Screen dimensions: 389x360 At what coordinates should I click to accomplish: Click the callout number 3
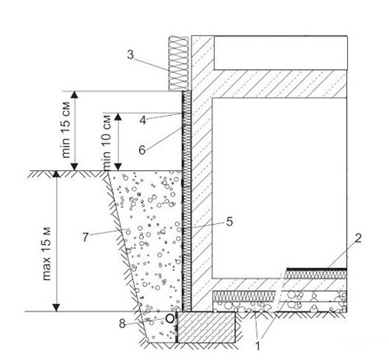131,54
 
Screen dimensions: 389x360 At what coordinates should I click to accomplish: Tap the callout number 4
142,120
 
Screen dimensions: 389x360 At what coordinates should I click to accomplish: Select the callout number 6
142,150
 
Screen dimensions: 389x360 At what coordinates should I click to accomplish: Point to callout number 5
230,222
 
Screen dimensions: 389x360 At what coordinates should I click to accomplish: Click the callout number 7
86,237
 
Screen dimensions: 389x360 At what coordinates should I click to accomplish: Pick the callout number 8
122,323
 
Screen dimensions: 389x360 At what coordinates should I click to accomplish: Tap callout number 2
358,238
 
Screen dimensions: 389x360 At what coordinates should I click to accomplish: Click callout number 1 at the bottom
258,346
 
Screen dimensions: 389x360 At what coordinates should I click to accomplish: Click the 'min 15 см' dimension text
66,130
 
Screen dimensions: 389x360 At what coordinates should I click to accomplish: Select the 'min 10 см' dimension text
107,142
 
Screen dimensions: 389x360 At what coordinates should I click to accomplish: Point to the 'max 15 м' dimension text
47,254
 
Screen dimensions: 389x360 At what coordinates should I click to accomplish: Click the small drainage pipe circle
170,319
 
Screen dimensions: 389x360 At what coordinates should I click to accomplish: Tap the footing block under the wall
206,327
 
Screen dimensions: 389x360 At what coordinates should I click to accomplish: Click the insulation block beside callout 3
178,63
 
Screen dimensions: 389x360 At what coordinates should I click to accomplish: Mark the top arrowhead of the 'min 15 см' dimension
75,95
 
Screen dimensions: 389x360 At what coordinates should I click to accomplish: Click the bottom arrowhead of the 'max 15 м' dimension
56,308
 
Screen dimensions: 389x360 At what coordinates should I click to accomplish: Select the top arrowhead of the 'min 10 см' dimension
118,117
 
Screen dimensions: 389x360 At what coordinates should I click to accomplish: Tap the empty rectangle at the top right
280,53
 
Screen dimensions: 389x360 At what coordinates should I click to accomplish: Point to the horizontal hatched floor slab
279,84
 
